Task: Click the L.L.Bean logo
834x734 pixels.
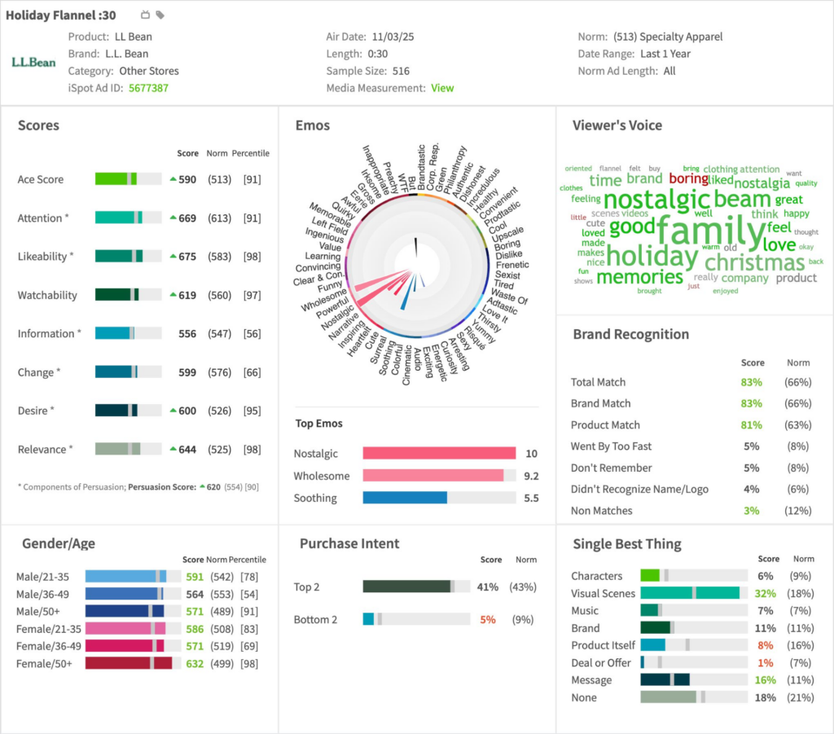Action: [33, 62]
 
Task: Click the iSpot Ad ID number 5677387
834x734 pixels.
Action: [148, 88]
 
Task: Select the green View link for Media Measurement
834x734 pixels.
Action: [442, 88]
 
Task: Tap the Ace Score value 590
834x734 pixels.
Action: [187, 179]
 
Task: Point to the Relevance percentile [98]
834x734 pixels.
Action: [252, 450]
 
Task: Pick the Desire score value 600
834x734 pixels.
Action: [187, 411]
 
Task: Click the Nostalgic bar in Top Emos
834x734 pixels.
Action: [439, 454]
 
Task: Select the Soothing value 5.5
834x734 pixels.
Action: [530, 498]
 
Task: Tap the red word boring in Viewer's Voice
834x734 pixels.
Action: [688, 178]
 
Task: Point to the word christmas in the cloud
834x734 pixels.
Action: [754, 262]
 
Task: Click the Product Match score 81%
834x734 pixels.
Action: [752, 425]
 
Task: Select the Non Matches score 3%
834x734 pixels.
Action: [752, 511]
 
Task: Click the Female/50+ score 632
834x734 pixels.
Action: [194, 664]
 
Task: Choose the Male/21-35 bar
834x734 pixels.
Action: [125, 577]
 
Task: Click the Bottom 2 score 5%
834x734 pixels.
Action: [487, 620]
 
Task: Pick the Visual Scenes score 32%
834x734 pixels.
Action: [765, 594]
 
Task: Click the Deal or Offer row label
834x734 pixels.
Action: [600, 663]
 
